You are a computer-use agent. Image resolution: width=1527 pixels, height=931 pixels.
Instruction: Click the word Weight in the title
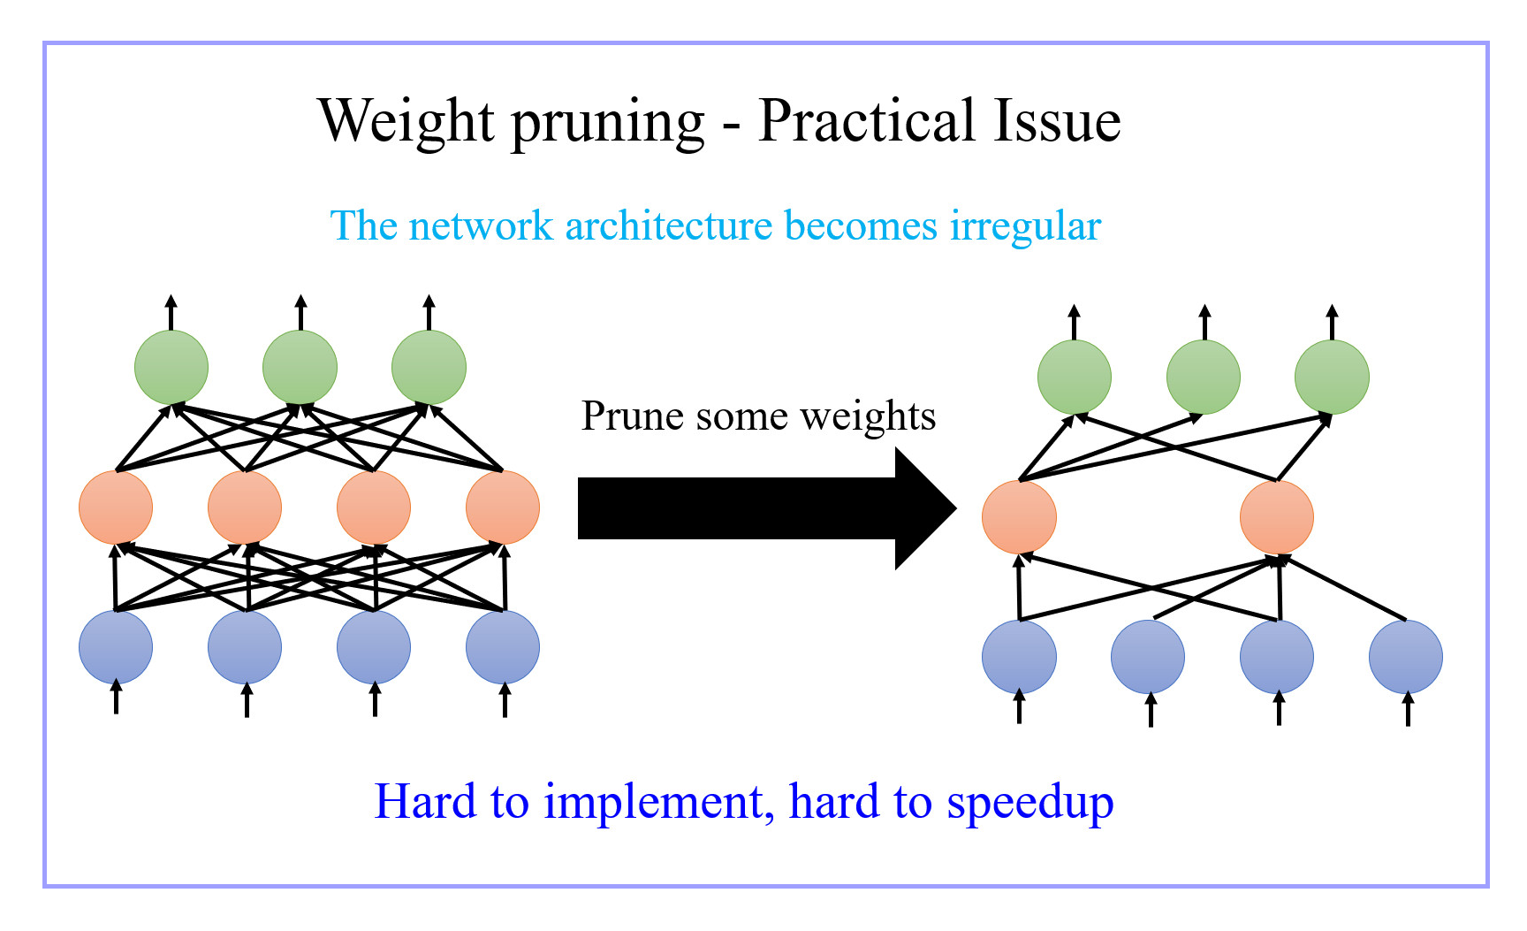[x=406, y=122]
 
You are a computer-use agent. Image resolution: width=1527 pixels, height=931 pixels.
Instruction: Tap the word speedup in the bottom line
[x=1029, y=803]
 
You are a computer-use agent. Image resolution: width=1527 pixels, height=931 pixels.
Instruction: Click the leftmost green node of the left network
[x=171, y=367]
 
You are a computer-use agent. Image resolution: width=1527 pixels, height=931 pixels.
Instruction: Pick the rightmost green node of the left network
[x=429, y=367]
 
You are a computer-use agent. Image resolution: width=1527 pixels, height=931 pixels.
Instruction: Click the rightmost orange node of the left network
[x=503, y=507]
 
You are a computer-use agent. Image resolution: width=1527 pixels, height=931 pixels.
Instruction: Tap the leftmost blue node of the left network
[x=116, y=647]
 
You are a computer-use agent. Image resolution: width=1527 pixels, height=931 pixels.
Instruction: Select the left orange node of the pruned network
[x=1019, y=517]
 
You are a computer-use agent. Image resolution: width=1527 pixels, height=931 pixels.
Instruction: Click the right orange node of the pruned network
[x=1277, y=517]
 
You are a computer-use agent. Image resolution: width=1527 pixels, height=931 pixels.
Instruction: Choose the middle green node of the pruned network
[x=1204, y=378]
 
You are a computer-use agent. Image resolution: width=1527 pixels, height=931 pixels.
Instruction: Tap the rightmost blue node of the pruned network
[x=1406, y=657]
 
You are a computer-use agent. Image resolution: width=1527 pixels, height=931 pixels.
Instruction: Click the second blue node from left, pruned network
[x=1148, y=657]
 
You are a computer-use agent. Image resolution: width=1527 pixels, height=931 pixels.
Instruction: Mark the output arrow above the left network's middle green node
[x=300, y=312]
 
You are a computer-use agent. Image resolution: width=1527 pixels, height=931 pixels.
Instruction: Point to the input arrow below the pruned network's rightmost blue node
[x=1408, y=709]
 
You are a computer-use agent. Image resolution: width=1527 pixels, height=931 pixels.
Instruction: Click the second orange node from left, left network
[x=245, y=507]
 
